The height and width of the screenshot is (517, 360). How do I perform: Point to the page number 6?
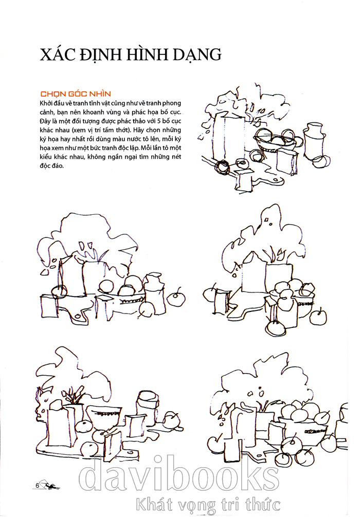[38, 485]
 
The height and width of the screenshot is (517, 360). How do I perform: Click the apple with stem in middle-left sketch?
[176, 298]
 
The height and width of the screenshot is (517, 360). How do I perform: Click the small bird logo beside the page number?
[51, 486]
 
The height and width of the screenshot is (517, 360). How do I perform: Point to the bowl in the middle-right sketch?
[302, 305]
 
